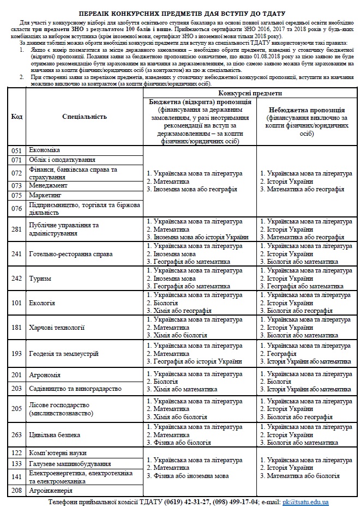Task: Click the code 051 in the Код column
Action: point(17,150)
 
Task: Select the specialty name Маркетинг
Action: point(46,195)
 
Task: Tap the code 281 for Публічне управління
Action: point(17,229)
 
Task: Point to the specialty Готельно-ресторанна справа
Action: point(71,254)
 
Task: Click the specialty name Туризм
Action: point(40,278)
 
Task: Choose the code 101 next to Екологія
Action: point(17,303)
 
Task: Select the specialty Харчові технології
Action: point(57,328)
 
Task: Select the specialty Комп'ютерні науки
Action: point(58,453)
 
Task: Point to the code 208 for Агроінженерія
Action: point(17,491)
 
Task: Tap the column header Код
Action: point(17,117)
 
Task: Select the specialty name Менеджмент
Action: point(48,185)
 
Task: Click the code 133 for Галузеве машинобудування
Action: point(17,463)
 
